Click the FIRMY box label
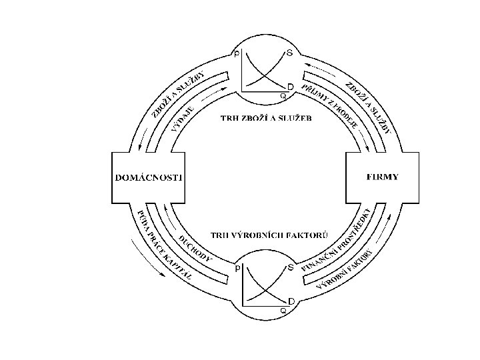383,177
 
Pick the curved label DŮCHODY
195,248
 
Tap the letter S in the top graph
289,53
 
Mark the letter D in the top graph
291,87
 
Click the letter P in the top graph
237,53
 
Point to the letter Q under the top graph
283,95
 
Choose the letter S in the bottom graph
290,267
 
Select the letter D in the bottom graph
291,301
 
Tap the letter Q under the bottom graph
283,310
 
